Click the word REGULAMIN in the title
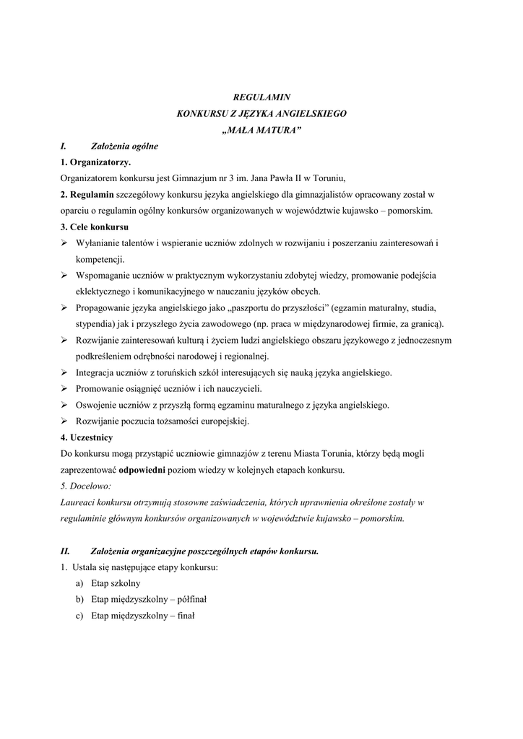click(261, 96)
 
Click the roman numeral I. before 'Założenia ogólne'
click(64, 146)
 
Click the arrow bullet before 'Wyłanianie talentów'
click(64, 243)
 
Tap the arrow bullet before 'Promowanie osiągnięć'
click(64, 389)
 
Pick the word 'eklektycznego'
click(105, 291)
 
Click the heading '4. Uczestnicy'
click(87, 437)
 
